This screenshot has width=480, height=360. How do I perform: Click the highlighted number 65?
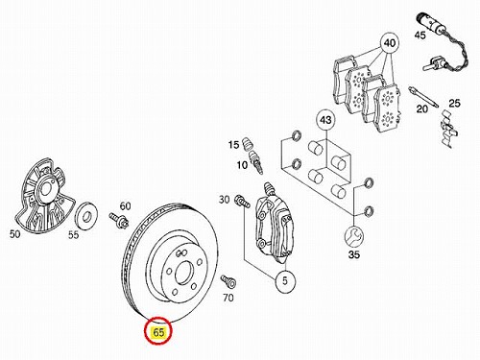click(x=158, y=332)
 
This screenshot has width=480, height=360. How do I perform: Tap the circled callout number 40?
click(x=390, y=43)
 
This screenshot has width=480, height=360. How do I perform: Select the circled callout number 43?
click(x=325, y=120)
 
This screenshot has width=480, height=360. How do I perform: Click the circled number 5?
click(x=285, y=281)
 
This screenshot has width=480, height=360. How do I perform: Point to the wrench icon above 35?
click(x=354, y=236)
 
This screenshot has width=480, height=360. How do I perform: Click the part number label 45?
click(x=420, y=35)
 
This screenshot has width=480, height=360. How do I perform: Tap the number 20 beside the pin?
click(x=421, y=109)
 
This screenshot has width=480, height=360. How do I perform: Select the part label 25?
click(x=454, y=103)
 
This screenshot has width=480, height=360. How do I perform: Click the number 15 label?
click(x=234, y=145)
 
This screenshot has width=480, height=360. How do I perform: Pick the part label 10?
click(x=242, y=165)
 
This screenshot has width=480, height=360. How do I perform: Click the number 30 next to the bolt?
click(x=224, y=200)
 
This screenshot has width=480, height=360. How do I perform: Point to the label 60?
click(x=125, y=206)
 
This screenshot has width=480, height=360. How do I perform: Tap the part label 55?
click(x=73, y=235)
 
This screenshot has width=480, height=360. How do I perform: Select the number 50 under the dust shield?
click(x=14, y=234)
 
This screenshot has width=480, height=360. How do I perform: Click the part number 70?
click(x=228, y=298)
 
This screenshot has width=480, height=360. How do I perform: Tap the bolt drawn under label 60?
click(x=119, y=219)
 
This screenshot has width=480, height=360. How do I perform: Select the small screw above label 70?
click(x=228, y=281)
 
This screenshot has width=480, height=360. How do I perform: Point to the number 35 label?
click(x=354, y=255)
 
